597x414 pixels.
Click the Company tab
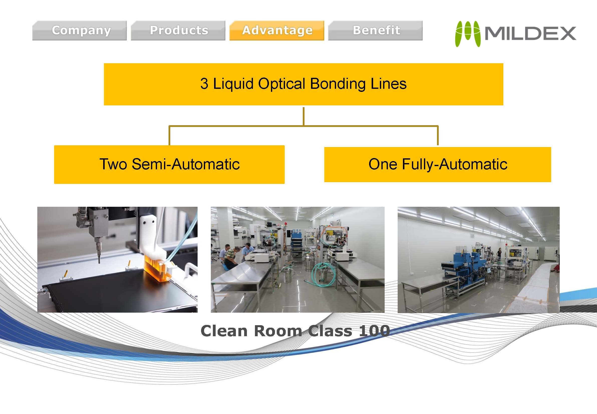[x=79, y=31]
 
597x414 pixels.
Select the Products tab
[x=178, y=31]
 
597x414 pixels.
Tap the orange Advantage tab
[x=277, y=31]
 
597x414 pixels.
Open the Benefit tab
[x=375, y=31]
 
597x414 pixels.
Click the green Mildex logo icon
[x=468, y=34]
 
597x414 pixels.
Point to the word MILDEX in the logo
[x=530, y=34]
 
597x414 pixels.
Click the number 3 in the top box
[x=204, y=84]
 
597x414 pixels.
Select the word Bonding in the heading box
[x=338, y=84]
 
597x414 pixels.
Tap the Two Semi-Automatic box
[x=169, y=164]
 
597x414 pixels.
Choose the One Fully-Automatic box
[x=437, y=164]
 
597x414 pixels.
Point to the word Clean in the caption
[x=224, y=331]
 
